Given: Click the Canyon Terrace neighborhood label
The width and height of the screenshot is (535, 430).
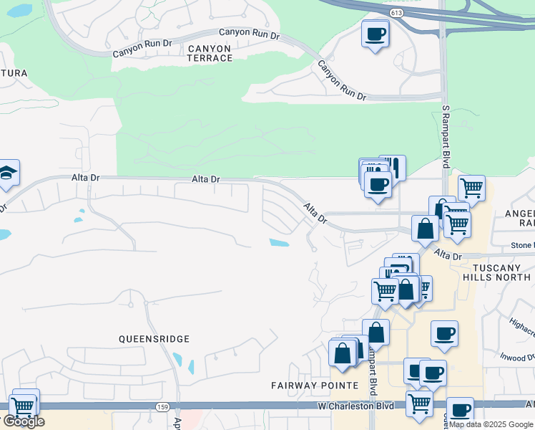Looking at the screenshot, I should [210, 53].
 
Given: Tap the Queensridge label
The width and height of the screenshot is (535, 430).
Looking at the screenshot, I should [154, 338].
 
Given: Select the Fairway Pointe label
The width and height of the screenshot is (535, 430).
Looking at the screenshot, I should [314, 386].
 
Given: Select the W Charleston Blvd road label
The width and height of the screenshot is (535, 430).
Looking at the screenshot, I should [356, 406].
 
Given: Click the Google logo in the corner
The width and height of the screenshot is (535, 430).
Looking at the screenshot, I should [24, 422].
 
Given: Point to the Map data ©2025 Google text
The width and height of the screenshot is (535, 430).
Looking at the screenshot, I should [491, 424].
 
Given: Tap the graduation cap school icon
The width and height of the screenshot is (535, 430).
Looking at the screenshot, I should [8, 173].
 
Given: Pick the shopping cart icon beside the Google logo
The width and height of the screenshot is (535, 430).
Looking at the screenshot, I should [24, 405].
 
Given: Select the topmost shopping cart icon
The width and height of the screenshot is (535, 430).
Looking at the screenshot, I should [471, 188].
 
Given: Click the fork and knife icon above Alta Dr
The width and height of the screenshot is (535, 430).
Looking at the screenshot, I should [393, 168].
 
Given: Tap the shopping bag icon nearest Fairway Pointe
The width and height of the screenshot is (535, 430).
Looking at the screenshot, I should [343, 353].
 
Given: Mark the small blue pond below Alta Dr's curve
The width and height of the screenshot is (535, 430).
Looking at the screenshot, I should [279, 242].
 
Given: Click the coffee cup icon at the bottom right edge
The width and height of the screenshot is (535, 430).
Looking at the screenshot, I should [460, 410].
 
